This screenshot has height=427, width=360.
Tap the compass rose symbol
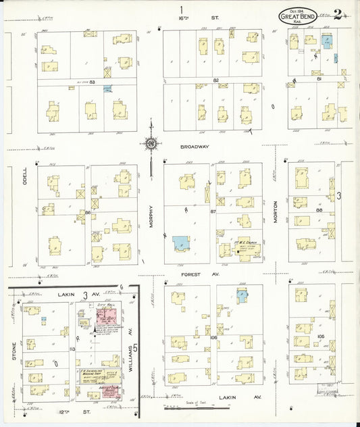point(150,143)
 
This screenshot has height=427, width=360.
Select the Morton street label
point(276,214)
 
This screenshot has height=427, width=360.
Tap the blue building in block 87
point(181,243)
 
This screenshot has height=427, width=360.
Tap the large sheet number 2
point(346,13)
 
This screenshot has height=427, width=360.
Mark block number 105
point(322,336)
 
